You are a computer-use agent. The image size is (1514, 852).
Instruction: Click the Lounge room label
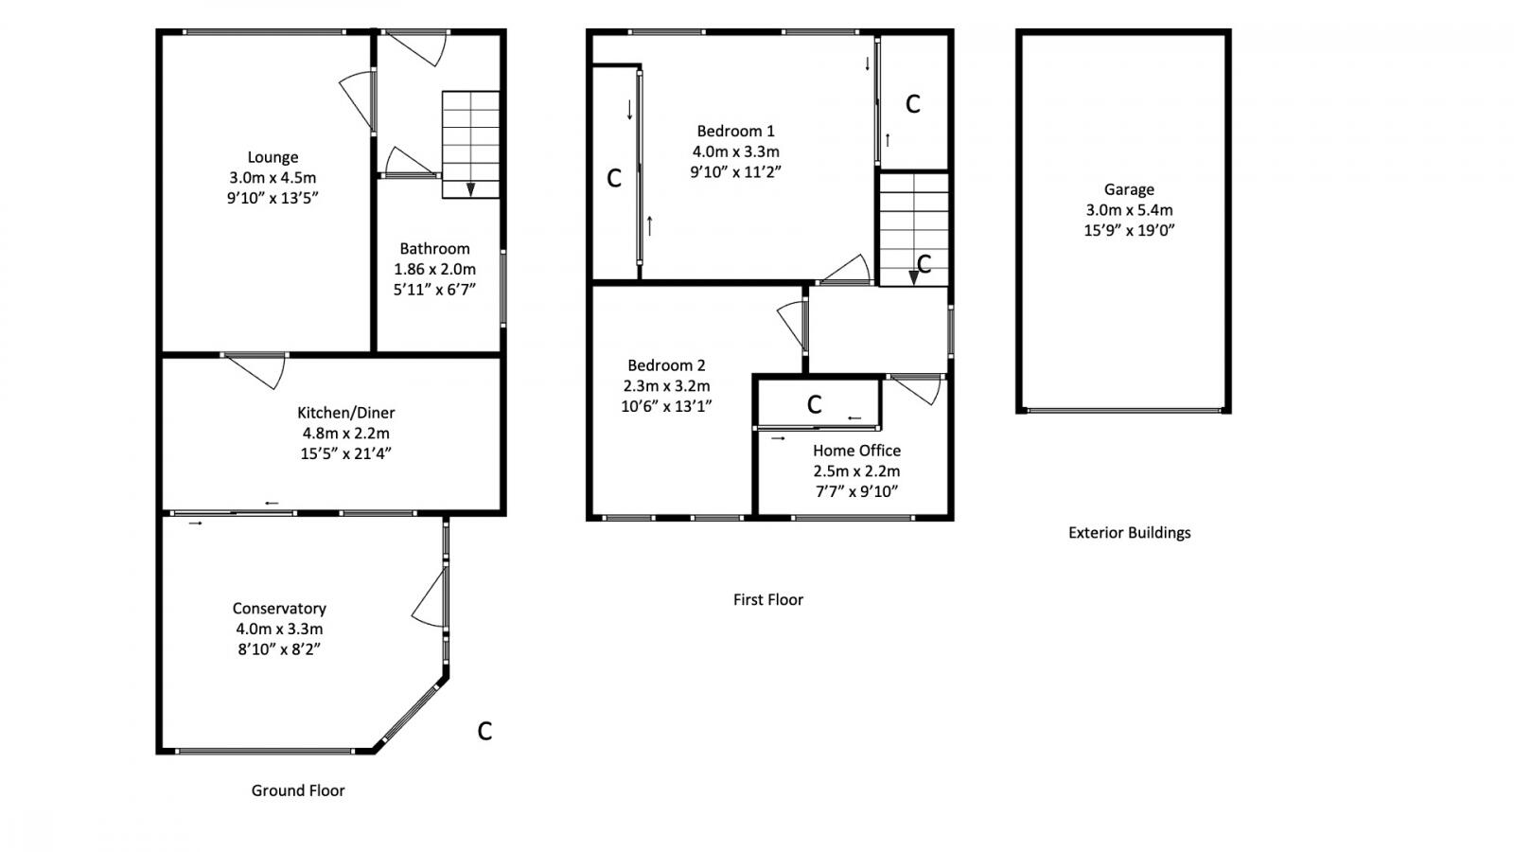coord(273,157)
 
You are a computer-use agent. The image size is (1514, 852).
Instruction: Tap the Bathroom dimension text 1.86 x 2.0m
coord(434,269)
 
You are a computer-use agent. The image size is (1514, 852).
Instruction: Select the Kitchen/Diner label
coord(345,413)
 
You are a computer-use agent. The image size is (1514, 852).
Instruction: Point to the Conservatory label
coord(279,609)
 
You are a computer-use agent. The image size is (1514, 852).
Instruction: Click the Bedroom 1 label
coord(735,131)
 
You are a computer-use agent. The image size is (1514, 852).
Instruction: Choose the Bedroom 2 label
coord(666,365)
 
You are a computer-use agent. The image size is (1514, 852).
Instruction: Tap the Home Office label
coord(856,451)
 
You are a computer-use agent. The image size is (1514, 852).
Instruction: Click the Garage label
coord(1128,189)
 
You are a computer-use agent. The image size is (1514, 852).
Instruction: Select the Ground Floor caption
coord(298,790)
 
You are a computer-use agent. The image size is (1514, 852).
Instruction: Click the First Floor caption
coord(767,599)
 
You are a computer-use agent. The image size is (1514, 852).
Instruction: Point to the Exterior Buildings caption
coord(1129,533)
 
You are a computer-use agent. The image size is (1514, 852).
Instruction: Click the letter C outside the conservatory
coord(484,731)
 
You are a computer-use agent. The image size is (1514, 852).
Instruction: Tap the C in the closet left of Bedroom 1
coord(613,178)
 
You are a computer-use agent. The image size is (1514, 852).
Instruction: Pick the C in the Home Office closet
coord(814,405)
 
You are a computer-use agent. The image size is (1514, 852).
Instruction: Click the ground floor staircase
coord(470,144)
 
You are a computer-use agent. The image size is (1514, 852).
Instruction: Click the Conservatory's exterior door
coord(431,596)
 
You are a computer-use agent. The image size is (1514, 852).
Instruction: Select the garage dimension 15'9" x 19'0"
coord(1129,230)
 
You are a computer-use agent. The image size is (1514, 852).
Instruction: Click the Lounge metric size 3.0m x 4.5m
coord(273,178)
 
